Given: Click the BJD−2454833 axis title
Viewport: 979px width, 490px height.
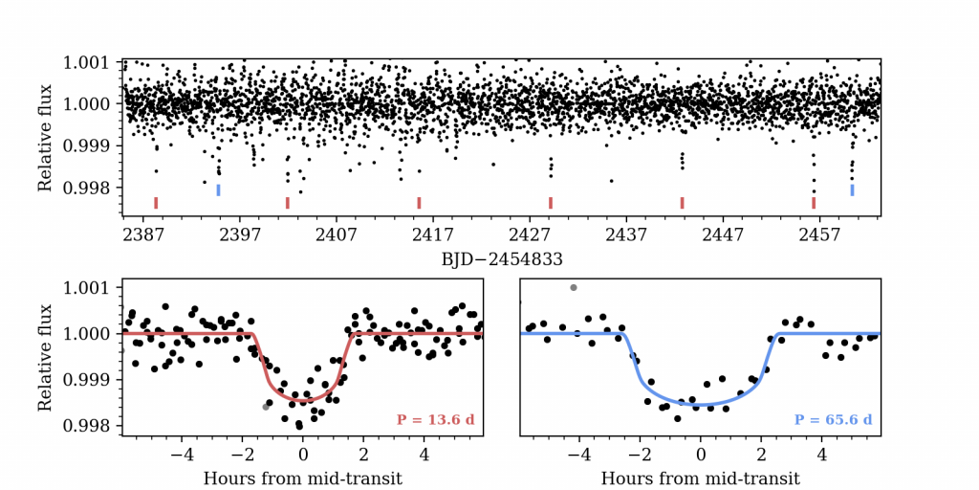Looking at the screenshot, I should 501,258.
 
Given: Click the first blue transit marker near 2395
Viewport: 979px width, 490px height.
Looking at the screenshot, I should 218,189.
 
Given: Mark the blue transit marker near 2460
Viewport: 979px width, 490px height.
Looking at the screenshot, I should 852,189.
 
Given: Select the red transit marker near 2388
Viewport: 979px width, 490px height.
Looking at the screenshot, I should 156,202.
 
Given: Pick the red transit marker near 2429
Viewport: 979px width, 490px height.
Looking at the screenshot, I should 551,202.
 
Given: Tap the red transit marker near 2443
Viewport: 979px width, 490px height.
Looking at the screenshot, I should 682,202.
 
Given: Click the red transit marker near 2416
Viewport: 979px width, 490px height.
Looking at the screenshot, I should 419,202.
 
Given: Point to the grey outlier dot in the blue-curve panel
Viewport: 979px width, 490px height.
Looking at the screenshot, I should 574,287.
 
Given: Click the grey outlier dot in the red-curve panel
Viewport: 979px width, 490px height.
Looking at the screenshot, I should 266,407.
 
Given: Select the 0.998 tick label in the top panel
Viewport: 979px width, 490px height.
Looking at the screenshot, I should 87,187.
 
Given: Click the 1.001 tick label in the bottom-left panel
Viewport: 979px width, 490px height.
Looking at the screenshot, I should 87,288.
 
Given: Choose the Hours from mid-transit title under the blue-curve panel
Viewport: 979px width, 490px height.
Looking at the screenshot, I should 700,478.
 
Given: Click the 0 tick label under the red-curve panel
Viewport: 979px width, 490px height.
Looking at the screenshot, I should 303,454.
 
